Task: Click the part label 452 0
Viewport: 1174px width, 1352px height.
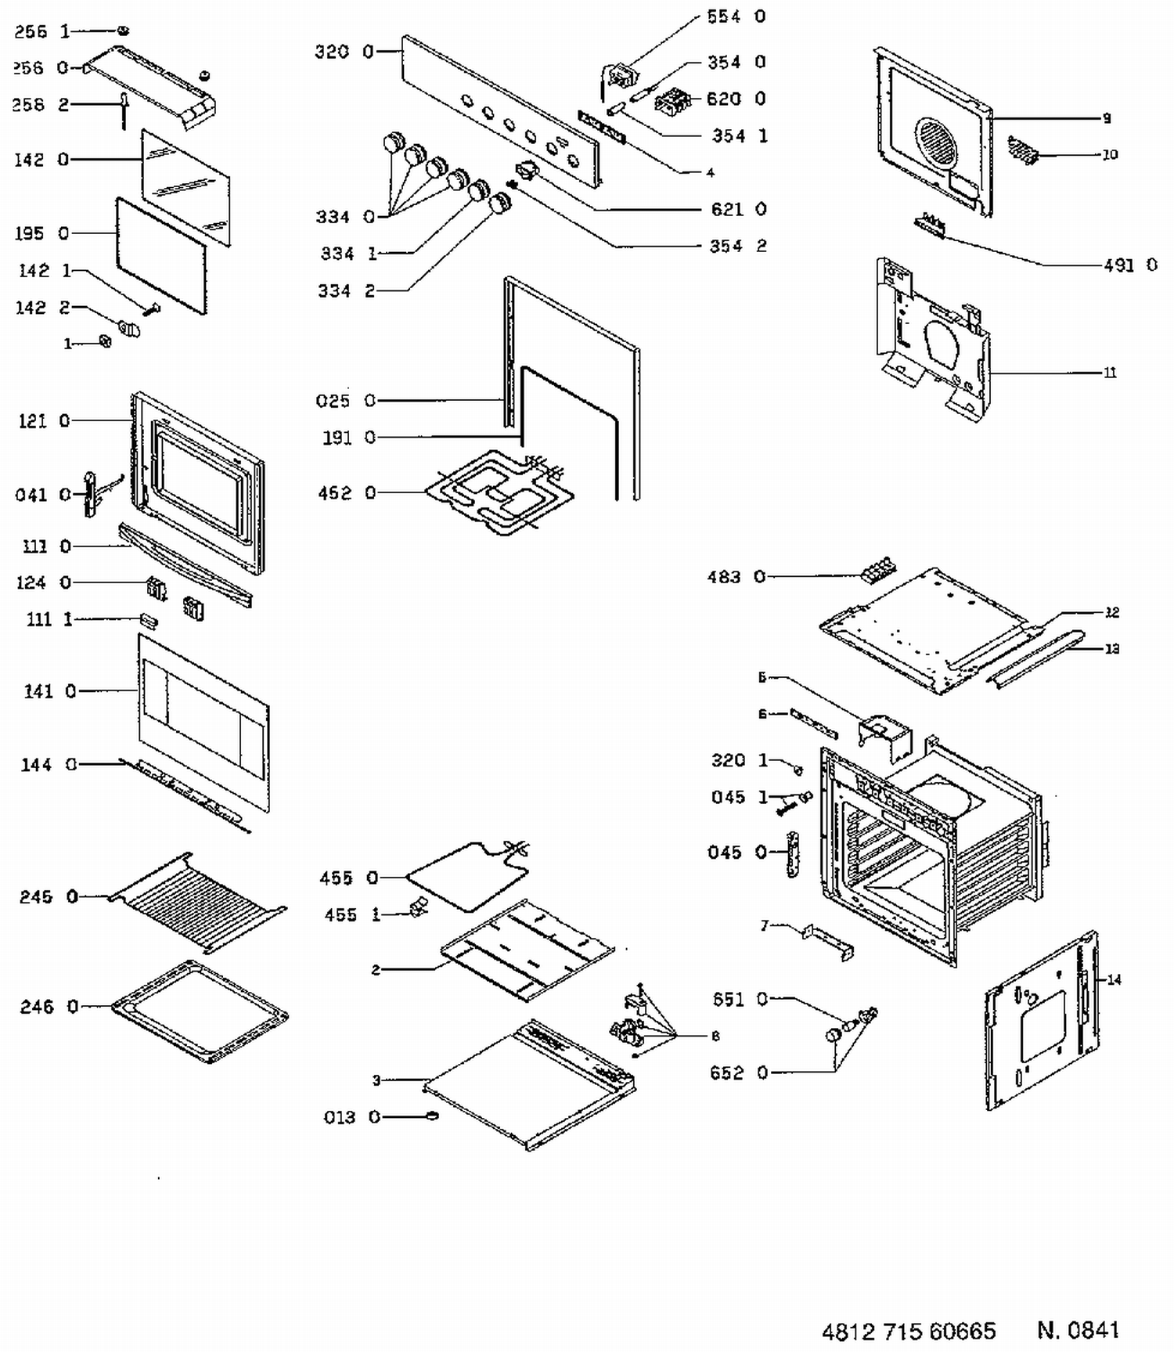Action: click(347, 493)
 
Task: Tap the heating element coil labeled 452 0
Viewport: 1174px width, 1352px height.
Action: click(498, 492)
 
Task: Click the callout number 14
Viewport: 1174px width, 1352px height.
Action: click(1114, 979)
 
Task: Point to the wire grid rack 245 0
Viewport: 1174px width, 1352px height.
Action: click(197, 901)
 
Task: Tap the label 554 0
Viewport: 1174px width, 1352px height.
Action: click(736, 16)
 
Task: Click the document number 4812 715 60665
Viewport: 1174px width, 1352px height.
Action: click(908, 1331)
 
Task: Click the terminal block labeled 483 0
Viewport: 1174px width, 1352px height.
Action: click(877, 569)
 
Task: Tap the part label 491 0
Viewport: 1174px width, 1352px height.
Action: click(1130, 265)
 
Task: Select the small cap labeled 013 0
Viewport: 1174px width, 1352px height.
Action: click(430, 1116)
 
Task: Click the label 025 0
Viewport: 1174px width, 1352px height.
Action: click(346, 401)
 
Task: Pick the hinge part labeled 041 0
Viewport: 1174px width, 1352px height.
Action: click(91, 494)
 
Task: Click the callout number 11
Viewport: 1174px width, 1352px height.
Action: click(1110, 373)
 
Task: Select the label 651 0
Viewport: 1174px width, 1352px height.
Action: click(740, 999)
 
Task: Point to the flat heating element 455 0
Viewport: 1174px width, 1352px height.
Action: click(467, 875)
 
